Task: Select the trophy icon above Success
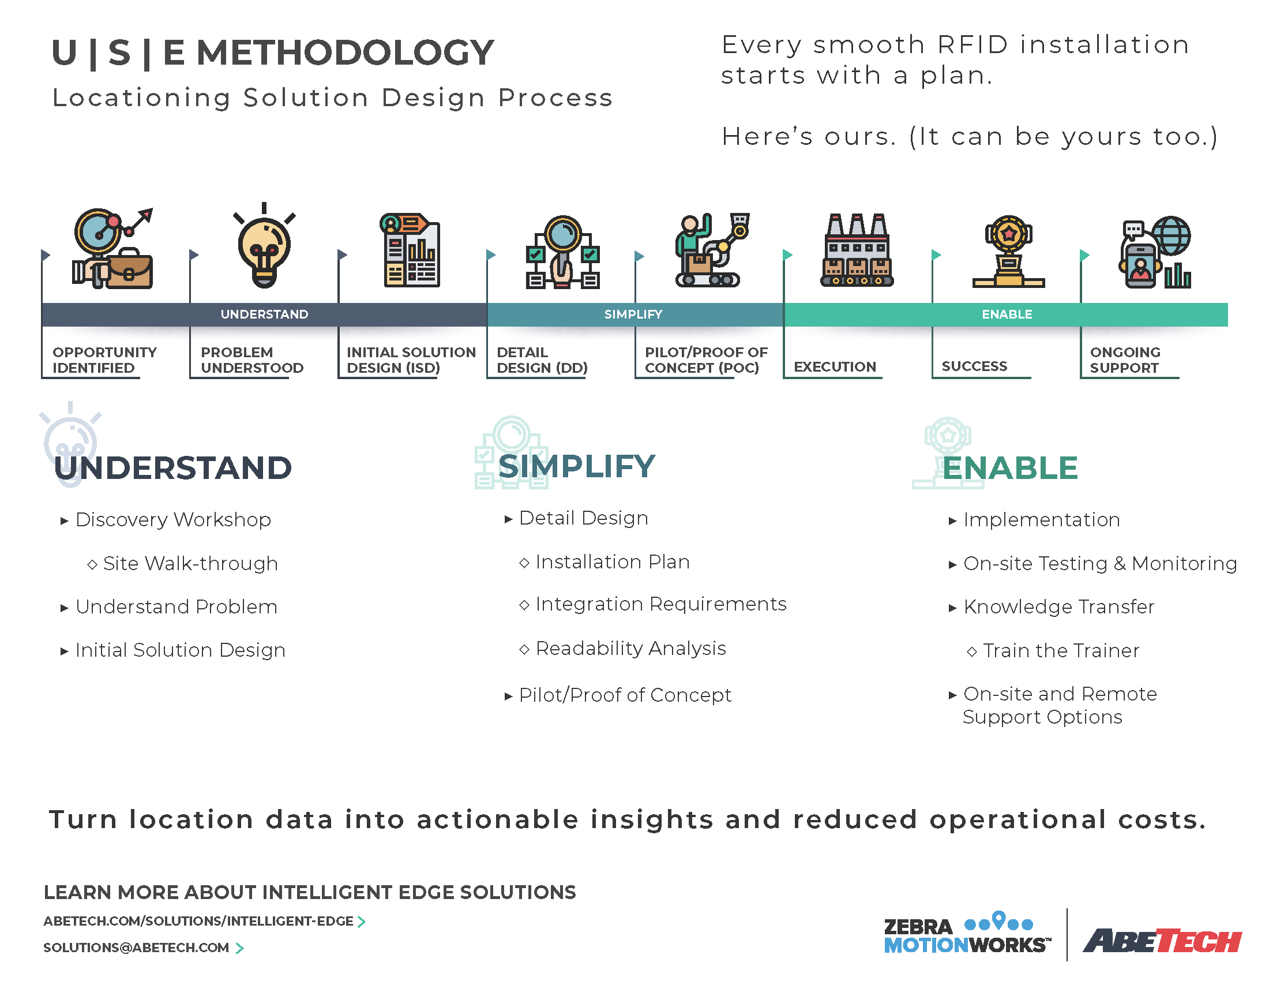[x=1009, y=252]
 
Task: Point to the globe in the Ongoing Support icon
[x=1172, y=235]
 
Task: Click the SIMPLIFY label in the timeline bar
[x=633, y=314]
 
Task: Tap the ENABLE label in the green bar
[x=1007, y=314]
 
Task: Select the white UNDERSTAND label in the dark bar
[x=264, y=314]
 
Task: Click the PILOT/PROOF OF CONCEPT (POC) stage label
[x=706, y=360]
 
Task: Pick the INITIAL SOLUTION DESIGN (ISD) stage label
[x=411, y=360]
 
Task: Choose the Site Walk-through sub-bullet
[x=182, y=563]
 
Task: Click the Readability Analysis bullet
[x=622, y=648]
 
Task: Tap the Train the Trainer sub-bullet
[x=1053, y=650]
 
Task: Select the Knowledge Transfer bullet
[x=1052, y=606]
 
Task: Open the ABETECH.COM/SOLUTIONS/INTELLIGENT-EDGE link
[x=204, y=921]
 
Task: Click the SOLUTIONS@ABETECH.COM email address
[x=143, y=948]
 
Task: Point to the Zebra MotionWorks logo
[x=967, y=933]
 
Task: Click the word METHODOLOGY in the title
[x=346, y=53]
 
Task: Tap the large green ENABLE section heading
[x=1010, y=468]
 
